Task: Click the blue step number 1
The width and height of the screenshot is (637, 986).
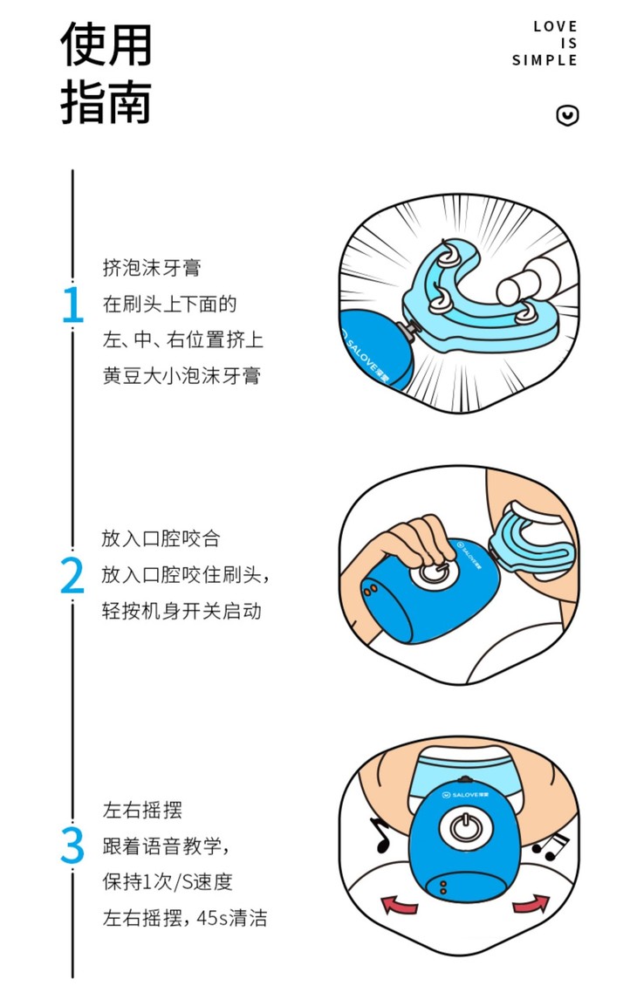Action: [x=73, y=305]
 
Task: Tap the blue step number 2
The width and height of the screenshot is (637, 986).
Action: [x=72, y=575]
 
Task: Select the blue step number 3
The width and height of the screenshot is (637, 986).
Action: [x=72, y=846]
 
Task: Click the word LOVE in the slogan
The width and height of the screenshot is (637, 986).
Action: [x=555, y=26]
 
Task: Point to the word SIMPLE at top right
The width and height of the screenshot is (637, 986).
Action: [x=545, y=60]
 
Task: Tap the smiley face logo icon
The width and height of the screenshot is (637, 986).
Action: [x=567, y=115]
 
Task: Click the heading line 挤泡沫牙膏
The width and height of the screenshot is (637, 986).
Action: [x=152, y=267]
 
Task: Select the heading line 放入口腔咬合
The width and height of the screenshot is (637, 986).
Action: [x=161, y=538]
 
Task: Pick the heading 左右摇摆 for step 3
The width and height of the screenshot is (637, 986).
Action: [x=142, y=809]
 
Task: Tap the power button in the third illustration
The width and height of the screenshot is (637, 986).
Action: [x=465, y=827]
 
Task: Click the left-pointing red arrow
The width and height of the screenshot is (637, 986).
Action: [x=400, y=904]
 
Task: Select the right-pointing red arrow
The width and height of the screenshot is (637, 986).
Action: [x=531, y=903]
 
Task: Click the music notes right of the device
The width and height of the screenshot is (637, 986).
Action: [x=551, y=846]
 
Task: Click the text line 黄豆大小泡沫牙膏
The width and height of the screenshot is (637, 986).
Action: [x=182, y=375]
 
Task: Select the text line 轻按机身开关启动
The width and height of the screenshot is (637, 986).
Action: [x=182, y=611]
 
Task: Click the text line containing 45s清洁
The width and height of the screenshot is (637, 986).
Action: [x=185, y=917]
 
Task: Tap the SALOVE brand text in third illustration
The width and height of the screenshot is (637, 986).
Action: [x=465, y=794]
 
